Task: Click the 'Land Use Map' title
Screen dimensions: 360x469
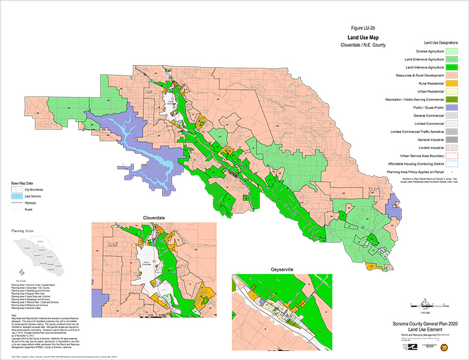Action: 365,37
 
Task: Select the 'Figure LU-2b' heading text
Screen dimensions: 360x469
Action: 365,29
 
